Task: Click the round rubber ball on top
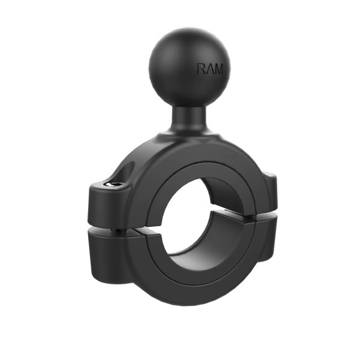(x=189, y=67)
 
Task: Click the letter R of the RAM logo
(x=201, y=68)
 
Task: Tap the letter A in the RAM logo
(x=209, y=68)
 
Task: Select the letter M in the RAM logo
(x=218, y=69)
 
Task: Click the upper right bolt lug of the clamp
(x=271, y=193)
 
